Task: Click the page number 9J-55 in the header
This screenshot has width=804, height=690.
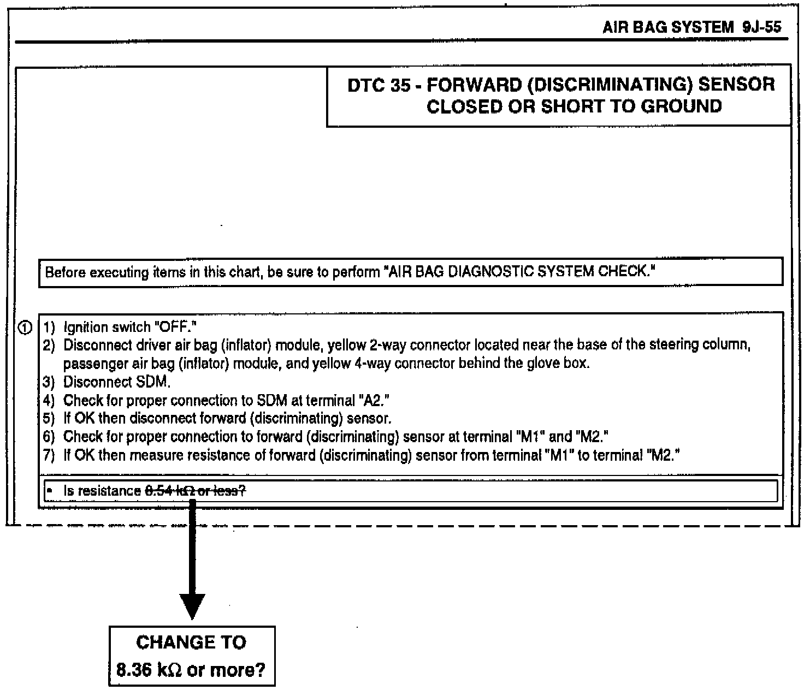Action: (762, 28)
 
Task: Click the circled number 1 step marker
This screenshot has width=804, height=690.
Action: (25, 328)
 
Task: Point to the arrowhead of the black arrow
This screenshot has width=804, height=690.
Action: (192, 606)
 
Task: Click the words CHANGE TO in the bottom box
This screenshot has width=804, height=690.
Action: (191, 643)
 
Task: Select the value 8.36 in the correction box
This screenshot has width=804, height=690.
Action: (134, 669)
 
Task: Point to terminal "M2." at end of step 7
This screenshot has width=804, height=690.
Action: (661, 455)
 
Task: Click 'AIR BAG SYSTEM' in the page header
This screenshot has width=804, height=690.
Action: (667, 28)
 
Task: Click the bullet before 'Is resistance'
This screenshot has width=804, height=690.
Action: (49, 491)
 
